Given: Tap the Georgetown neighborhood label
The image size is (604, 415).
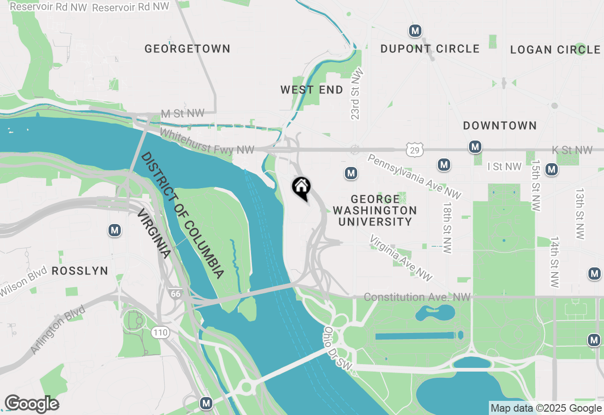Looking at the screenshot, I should pos(187,49).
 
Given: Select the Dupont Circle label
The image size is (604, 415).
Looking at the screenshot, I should pos(430,49).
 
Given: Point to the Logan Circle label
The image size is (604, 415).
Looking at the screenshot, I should pos(555,50).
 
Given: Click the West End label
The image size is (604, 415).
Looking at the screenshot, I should pos(312,90).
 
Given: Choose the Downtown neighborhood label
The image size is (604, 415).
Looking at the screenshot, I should pos(500,125).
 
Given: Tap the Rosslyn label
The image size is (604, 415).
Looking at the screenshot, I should pos(80,271).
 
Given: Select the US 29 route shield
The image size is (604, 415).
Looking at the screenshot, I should pos(415,149).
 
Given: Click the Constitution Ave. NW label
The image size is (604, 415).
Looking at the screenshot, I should pos(417,297).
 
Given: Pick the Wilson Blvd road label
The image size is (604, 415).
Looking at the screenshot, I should pos(24,282).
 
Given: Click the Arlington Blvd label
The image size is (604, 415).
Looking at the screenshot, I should pos(57,330).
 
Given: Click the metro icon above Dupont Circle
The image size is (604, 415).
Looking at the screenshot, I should pos(415,31).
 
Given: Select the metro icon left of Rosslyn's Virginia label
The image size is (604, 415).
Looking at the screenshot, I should pos(114,230).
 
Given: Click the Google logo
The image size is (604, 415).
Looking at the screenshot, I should pos(31,404).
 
